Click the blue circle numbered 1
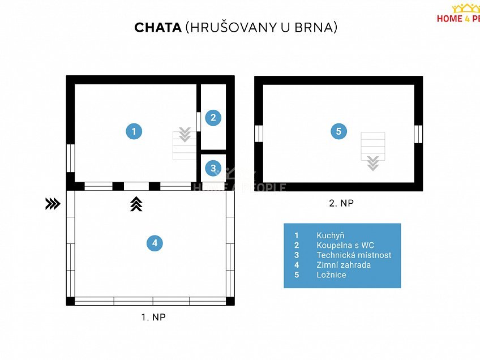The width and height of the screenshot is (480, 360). (134, 131)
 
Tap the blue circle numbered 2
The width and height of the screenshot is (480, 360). (213, 118)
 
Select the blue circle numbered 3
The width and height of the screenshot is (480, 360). (213, 168)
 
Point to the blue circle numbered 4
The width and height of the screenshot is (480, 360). (154, 243)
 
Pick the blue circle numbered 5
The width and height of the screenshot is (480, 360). (338, 131)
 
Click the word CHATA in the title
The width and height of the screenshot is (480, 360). (158, 28)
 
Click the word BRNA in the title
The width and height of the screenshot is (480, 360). (316, 28)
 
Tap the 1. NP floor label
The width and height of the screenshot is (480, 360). (153, 318)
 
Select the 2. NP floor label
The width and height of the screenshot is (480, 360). (341, 203)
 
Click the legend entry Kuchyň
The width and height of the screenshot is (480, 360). (331, 235)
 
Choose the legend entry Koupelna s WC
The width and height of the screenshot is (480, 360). (345, 245)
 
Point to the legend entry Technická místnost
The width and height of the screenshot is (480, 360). (354, 255)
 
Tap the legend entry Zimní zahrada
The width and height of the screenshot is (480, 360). (344, 265)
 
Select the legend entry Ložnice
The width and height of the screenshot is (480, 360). (332, 275)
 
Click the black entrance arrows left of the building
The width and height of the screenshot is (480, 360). (53, 204)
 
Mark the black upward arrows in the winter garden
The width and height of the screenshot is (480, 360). (136, 204)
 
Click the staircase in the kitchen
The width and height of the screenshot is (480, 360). (185, 145)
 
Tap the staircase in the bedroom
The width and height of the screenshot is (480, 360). (373, 150)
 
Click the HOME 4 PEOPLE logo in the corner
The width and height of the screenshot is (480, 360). (458, 14)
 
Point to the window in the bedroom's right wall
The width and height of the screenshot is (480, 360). (418, 134)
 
